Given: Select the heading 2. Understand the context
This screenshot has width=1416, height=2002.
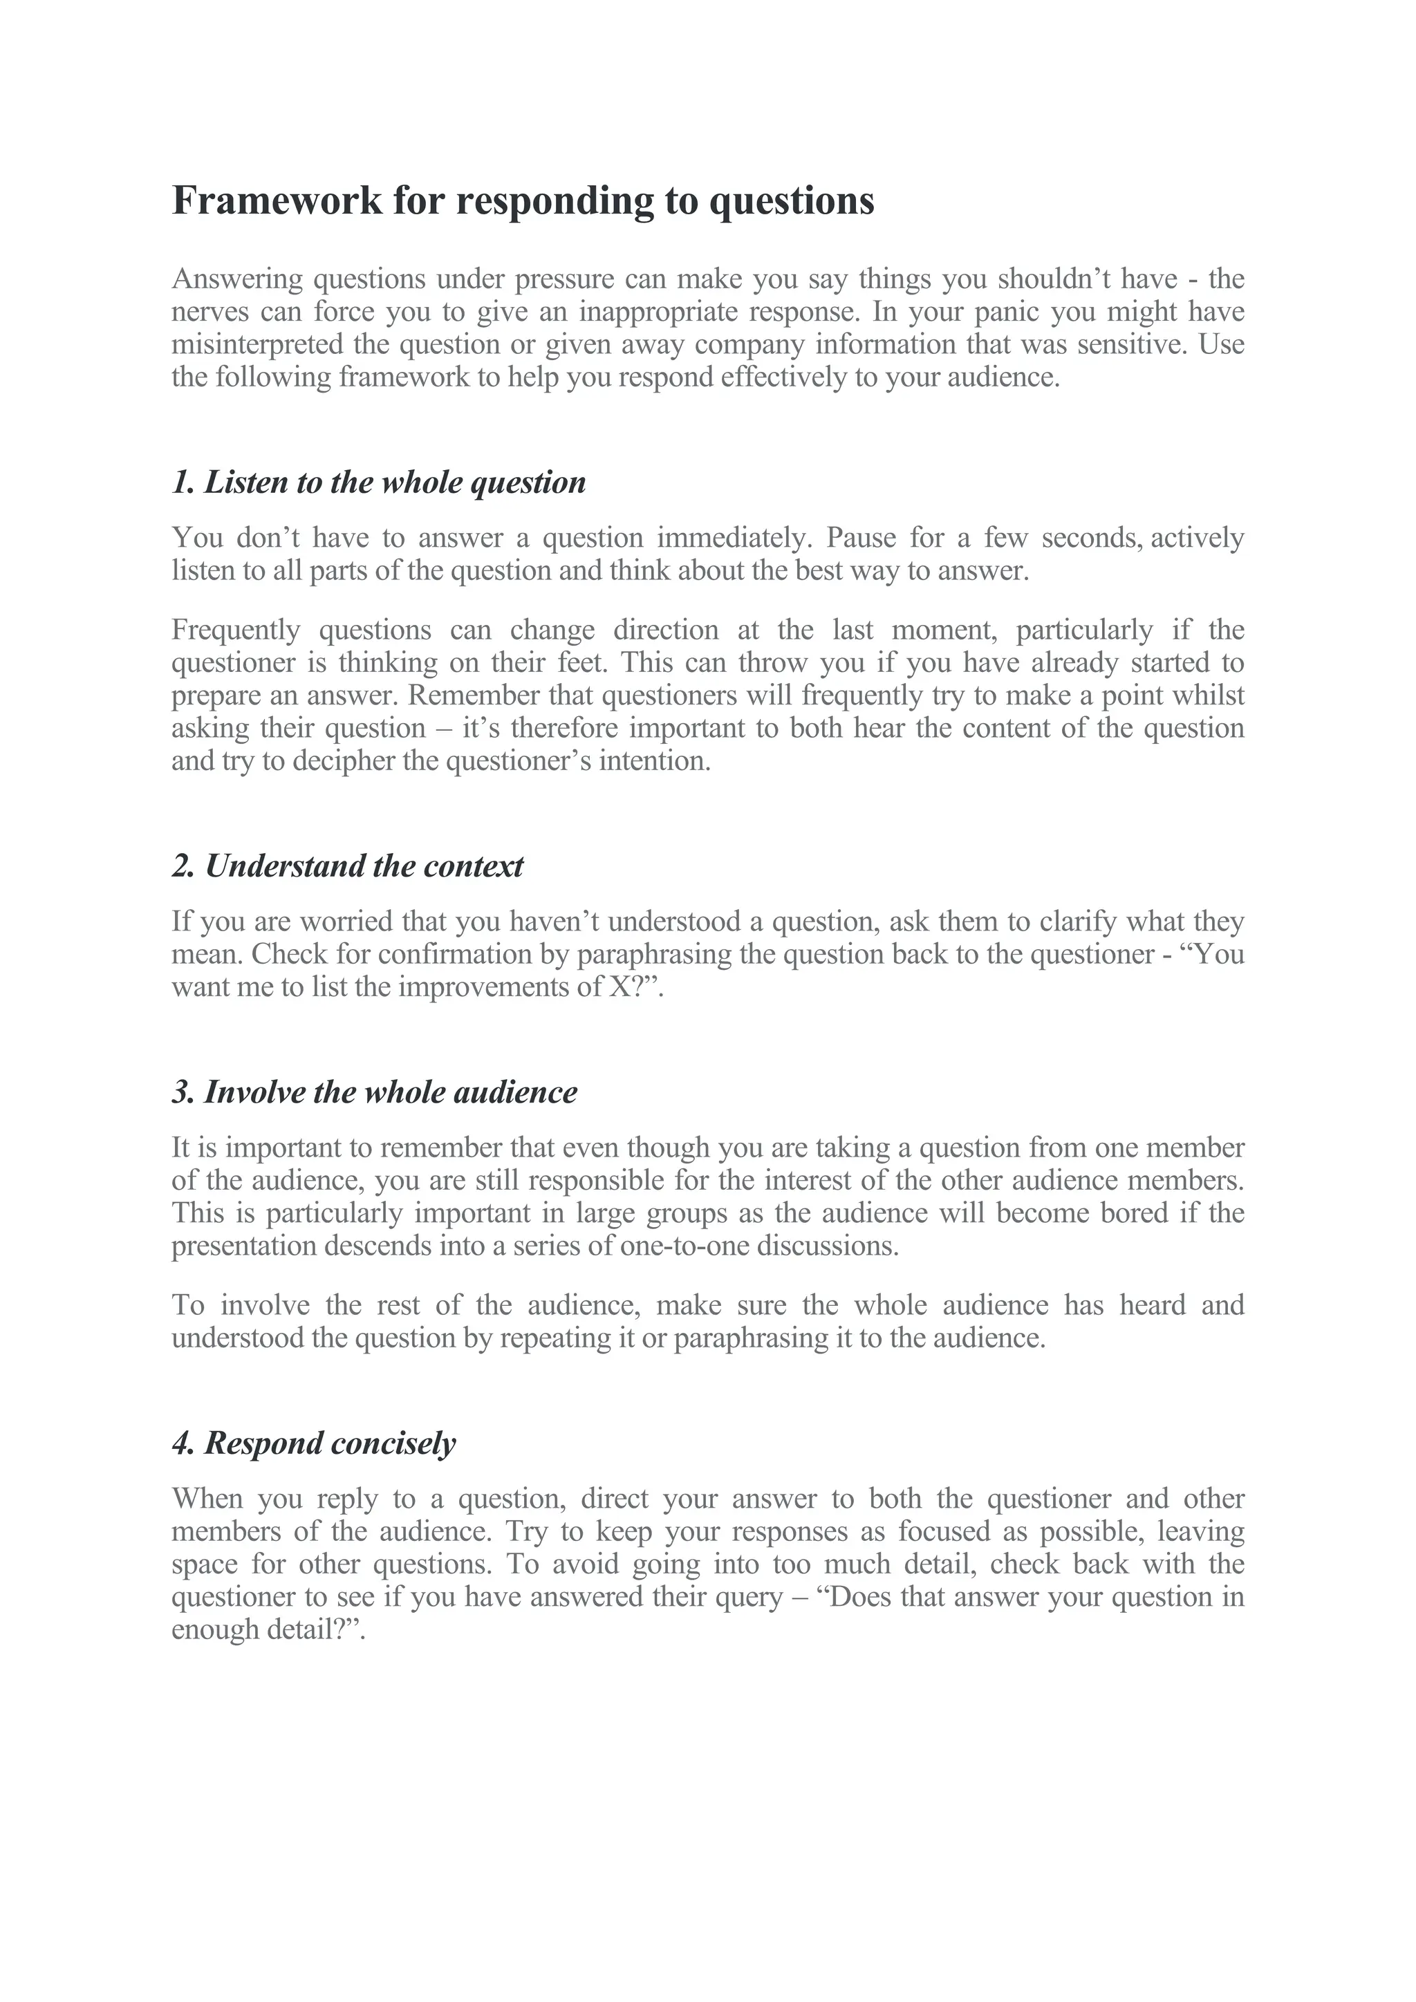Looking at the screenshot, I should (347, 866).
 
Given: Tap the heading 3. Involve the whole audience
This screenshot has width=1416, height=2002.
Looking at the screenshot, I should (374, 1092).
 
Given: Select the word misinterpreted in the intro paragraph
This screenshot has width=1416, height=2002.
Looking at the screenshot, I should (257, 344).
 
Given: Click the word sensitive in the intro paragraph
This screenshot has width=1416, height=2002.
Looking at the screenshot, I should (1132, 344).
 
